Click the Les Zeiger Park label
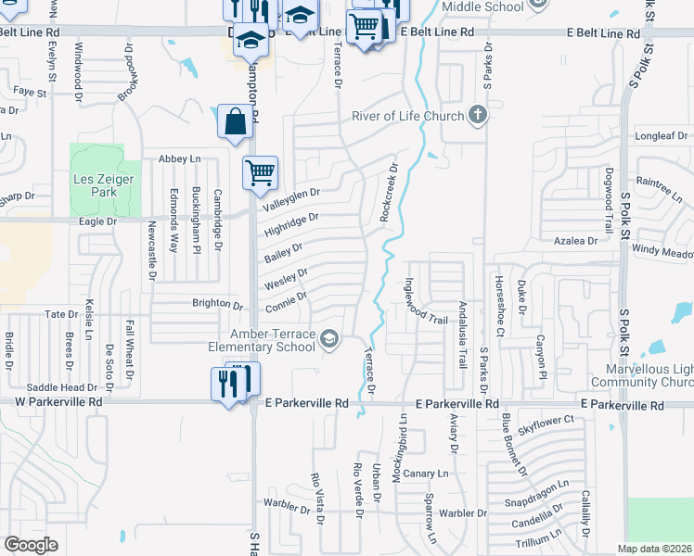coord(96,184)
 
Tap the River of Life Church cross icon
coord(477,115)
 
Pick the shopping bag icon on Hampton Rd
coord(235,120)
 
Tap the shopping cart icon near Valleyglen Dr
coord(261,172)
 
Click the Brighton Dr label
coord(217,304)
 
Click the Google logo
coord(31,545)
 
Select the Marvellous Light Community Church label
coord(643,375)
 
